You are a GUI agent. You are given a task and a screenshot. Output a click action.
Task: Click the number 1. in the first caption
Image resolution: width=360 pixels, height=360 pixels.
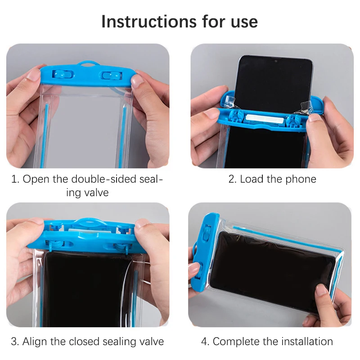(15, 179)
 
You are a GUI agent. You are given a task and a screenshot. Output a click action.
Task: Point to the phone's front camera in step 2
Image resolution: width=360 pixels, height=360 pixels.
(276, 60)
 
